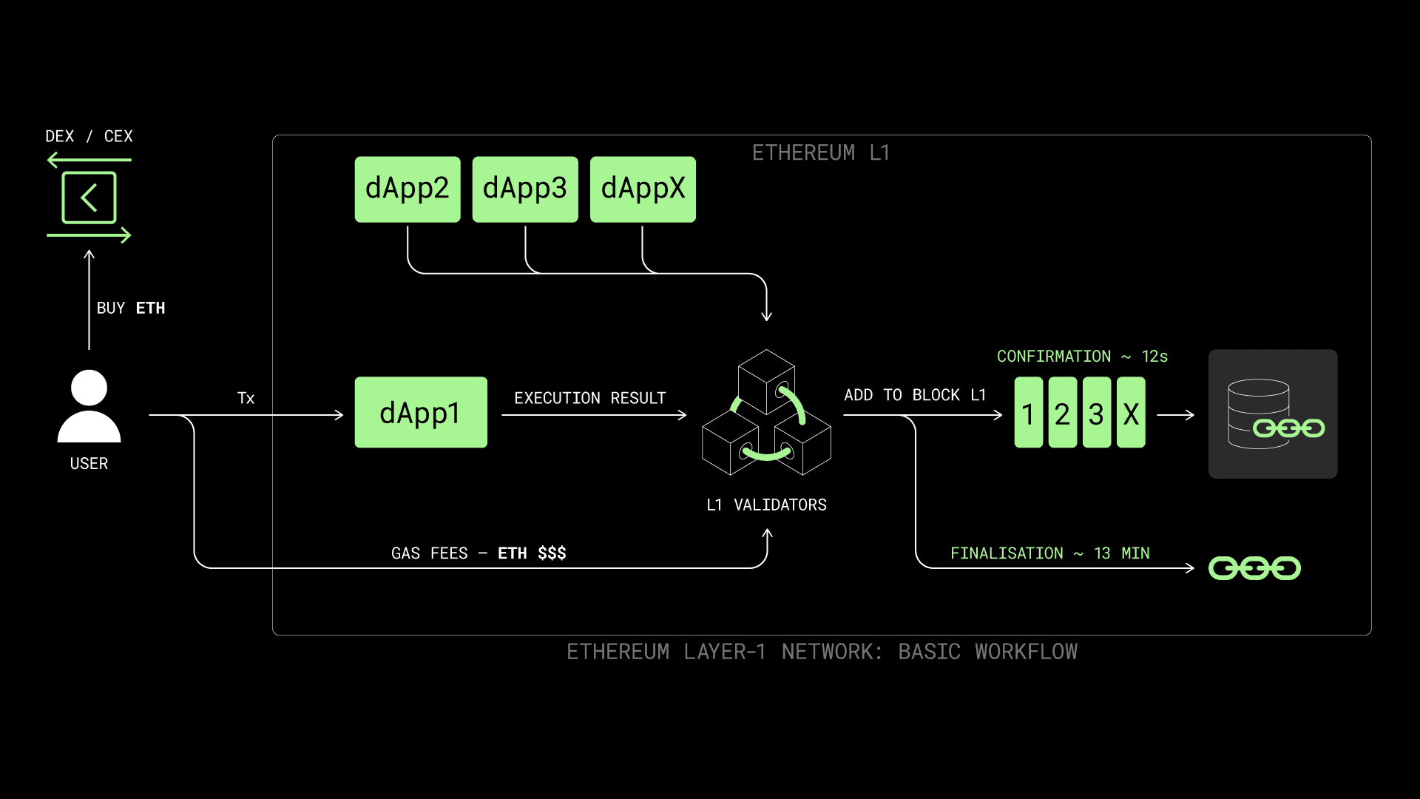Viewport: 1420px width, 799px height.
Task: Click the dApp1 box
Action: click(x=421, y=412)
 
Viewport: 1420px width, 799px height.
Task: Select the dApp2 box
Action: click(x=408, y=189)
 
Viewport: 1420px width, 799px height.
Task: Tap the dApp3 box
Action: click(x=525, y=189)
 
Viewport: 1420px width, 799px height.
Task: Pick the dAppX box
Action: click(x=643, y=189)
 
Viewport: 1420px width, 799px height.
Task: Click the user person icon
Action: click(x=89, y=406)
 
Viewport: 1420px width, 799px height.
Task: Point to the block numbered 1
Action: click(x=1028, y=413)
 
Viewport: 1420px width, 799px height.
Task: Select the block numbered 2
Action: click(x=1062, y=413)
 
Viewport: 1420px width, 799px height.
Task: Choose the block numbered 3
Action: click(x=1096, y=413)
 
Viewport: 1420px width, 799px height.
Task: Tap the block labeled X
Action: click(x=1131, y=413)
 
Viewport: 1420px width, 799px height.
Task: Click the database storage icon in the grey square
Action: click(x=1273, y=414)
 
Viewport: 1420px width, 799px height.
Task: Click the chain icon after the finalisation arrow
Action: click(x=1254, y=568)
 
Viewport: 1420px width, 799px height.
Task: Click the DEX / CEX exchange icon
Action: click(x=89, y=198)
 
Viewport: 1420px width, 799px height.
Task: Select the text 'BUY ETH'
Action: click(x=131, y=308)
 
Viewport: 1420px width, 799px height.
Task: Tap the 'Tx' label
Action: click(x=246, y=398)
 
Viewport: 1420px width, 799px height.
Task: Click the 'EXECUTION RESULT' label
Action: click(x=589, y=398)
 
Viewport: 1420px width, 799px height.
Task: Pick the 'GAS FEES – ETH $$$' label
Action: click(x=479, y=553)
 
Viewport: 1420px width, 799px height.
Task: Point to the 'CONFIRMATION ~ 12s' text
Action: click(x=1082, y=357)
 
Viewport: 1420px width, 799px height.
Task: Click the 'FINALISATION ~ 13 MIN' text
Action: click(x=1049, y=553)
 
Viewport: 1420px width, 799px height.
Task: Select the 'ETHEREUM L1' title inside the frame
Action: click(x=820, y=153)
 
